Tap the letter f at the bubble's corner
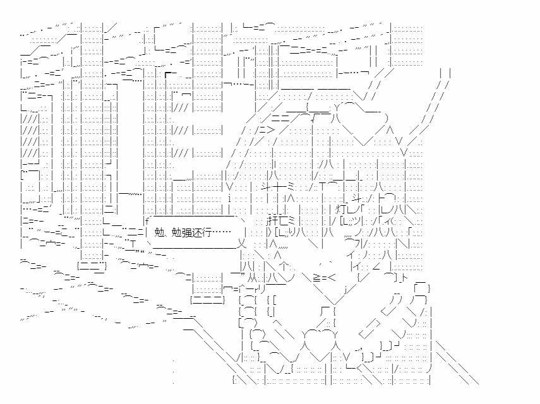(147, 220)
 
